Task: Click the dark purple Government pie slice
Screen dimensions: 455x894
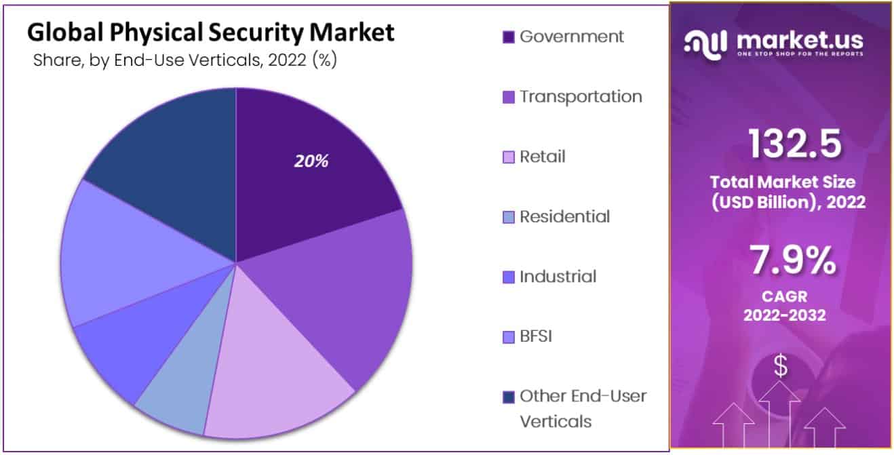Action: tap(312, 183)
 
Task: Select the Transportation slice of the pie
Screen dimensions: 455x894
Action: tap(346, 298)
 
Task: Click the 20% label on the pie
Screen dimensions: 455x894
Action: tap(311, 161)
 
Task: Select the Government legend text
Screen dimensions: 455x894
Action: tap(571, 37)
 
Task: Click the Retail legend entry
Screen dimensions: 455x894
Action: tap(542, 157)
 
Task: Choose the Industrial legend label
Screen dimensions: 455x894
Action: tap(558, 277)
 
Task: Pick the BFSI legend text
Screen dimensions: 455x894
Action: tap(535, 336)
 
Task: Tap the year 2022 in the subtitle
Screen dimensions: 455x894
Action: tap(287, 60)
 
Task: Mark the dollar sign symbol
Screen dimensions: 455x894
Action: tap(781, 366)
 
